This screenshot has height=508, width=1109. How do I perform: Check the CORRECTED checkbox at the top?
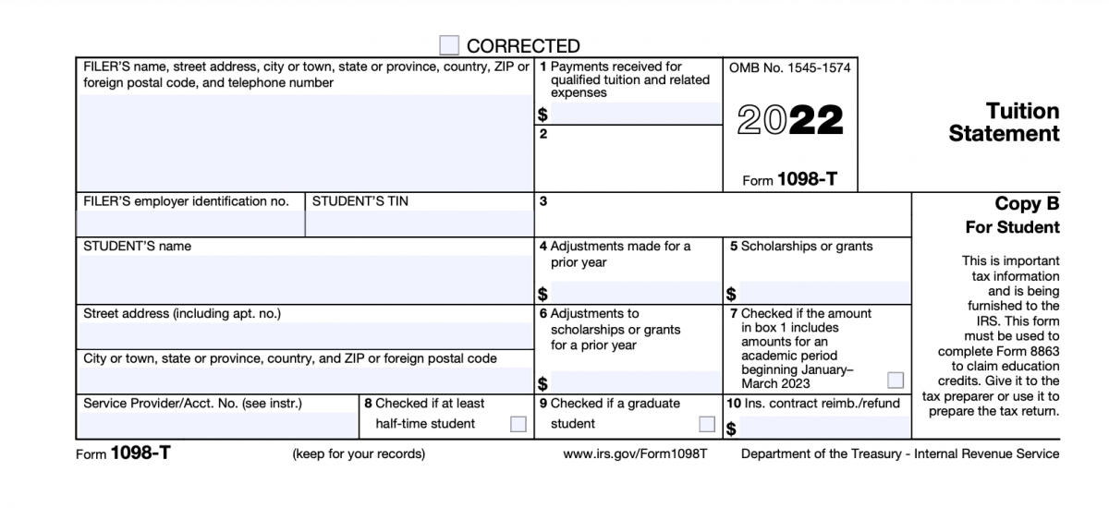(449, 45)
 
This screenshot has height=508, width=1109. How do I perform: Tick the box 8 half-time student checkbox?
(518, 424)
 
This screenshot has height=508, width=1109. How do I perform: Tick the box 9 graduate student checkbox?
(707, 424)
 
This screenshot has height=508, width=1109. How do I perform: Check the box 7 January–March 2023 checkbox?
(895, 380)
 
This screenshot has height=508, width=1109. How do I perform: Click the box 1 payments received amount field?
(636, 115)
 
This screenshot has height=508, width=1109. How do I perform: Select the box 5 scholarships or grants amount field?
(824, 294)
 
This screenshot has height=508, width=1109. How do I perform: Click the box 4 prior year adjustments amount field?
(636, 294)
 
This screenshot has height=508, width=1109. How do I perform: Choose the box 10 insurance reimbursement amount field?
(824, 428)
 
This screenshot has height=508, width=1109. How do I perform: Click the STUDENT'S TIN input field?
(420, 223)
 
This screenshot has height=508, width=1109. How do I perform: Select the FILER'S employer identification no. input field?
(190, 223)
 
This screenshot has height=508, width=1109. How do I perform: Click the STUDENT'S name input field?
(306, 278)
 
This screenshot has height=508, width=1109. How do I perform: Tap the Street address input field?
(306, 333)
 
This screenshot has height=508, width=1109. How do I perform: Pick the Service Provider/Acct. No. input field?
(219, 426)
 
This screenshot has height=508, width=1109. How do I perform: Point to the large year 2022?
(790, 121)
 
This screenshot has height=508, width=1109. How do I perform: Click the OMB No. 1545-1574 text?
(789, 68)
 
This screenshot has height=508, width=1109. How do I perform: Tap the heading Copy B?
(1027, 204)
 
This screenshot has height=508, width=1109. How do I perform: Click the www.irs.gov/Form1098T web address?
(635, 454)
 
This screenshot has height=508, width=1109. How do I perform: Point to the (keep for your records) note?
(359, 454)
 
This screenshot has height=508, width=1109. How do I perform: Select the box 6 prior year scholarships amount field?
(636, 381)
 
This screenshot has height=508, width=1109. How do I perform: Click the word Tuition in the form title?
(1022, 112)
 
